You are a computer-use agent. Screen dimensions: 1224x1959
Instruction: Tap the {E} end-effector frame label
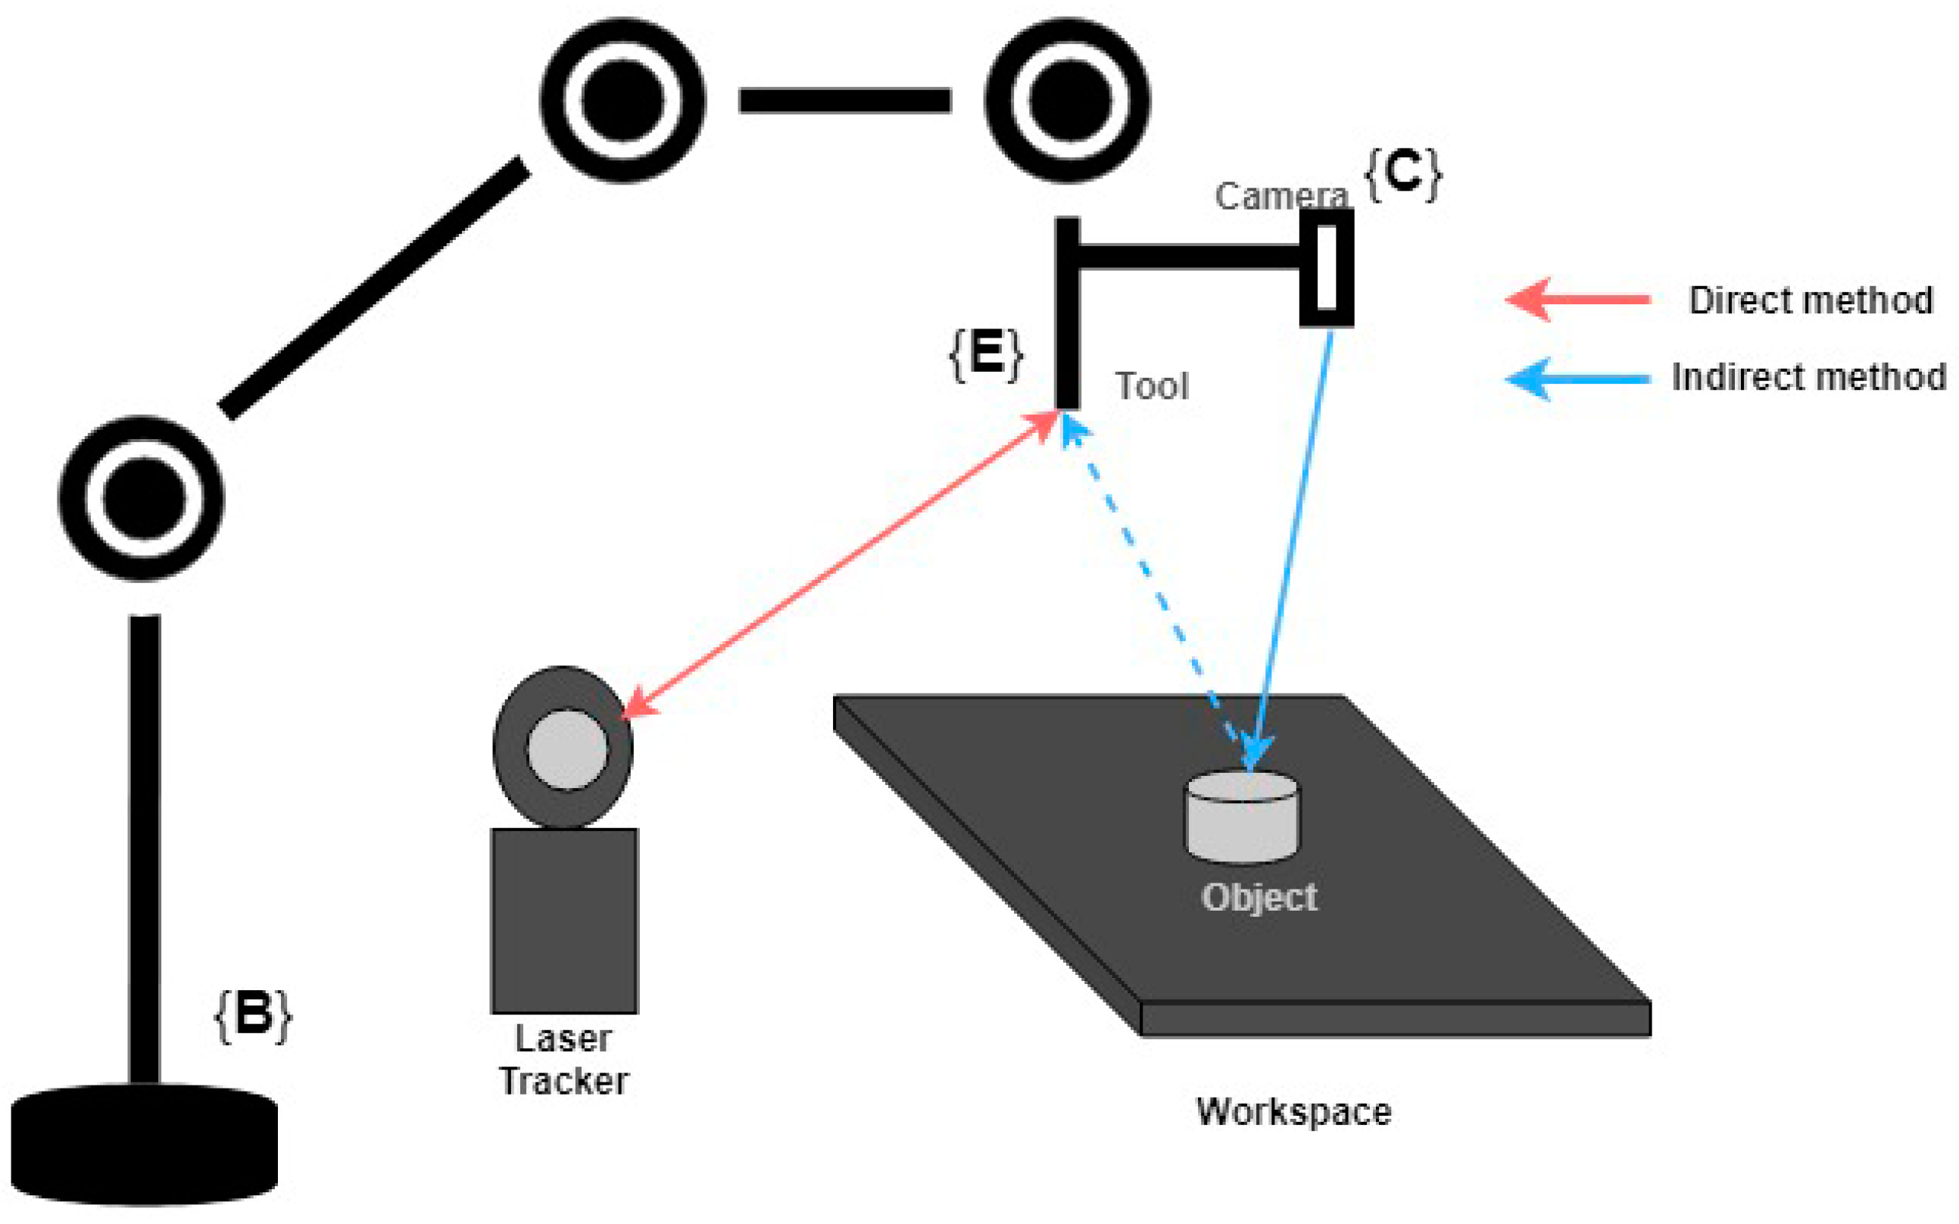(986, 353)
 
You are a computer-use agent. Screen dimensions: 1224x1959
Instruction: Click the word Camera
(1281, 196)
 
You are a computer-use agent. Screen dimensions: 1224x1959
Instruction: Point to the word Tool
(1152, 386)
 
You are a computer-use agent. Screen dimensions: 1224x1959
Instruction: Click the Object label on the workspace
(1259, 897)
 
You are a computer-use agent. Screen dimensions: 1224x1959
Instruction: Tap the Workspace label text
(1293, 1111)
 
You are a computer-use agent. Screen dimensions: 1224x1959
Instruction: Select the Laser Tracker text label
(563, 1060)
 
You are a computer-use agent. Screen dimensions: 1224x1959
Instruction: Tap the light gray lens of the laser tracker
(567, 749)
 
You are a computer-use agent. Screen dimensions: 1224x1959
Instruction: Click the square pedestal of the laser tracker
(564, 920)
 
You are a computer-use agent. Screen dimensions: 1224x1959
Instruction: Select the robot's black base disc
(144, 1145)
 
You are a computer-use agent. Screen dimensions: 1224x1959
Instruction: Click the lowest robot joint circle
(142, 499)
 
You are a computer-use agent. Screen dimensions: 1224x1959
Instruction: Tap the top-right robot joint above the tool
(1068, 101)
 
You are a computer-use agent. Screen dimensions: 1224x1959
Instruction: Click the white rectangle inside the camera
(1327, 268)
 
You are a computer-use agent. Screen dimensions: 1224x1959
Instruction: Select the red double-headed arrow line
(842, 564)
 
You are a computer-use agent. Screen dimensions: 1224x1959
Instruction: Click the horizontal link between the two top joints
(844, 101)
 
